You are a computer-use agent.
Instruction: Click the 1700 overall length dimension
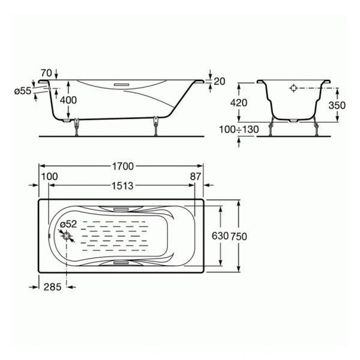(x=123, y=166)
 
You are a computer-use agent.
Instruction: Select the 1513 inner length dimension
(x=122, y=185)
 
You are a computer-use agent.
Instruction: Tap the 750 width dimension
(x=239, y=236)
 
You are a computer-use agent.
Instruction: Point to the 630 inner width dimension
(x=220, y=236)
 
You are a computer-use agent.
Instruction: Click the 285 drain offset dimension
(x=52, y=287)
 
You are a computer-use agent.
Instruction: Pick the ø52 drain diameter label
(x=68, y=224)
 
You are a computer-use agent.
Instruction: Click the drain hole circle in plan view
(x=67, y=236)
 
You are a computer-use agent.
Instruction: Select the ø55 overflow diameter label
(x=23, y=91)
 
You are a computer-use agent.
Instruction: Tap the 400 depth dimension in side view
(x=68, y=100)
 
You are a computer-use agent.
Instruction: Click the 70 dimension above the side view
(x=47, y=73)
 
